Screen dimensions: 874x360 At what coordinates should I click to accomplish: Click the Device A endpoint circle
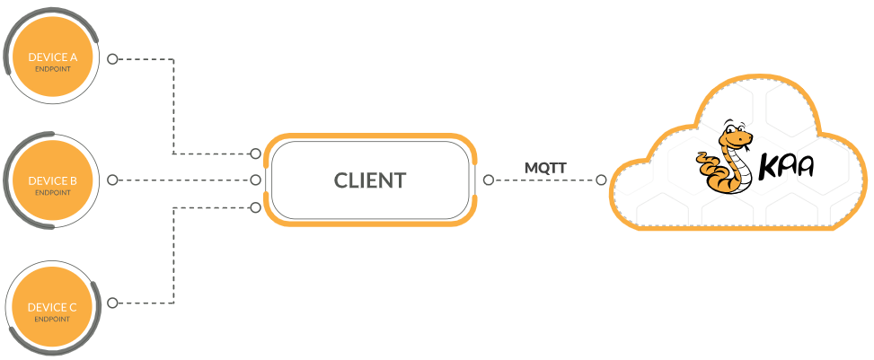(52, 59)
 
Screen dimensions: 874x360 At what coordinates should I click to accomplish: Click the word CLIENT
(370, 180)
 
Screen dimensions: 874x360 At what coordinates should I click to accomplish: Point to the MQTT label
(545, 167)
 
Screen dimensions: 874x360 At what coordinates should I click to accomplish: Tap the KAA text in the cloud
(788, 167)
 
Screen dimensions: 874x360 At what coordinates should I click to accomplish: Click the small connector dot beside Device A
(112, 59)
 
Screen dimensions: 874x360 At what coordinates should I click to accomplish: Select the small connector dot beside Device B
(112, 180)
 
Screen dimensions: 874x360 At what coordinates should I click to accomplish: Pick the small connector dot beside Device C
(112, 303)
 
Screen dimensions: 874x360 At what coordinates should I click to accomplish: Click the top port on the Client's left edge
(256, 153)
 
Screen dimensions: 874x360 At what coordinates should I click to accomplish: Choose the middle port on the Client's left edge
(256, 180)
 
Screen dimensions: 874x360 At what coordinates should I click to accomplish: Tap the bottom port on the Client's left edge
(256, 207)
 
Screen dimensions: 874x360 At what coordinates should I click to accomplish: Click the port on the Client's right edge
(487, 180)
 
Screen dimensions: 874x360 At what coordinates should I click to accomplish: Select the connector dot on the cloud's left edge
(601, 180)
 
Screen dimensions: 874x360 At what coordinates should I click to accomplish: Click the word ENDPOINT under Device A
(52, 68)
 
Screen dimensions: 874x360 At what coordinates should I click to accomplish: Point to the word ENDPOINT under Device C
(52, 319)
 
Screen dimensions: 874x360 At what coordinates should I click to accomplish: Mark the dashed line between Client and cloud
(543, 180)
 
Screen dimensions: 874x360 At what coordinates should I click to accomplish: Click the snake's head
(738, 137)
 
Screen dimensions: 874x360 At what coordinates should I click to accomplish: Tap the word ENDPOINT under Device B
(52, 192)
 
